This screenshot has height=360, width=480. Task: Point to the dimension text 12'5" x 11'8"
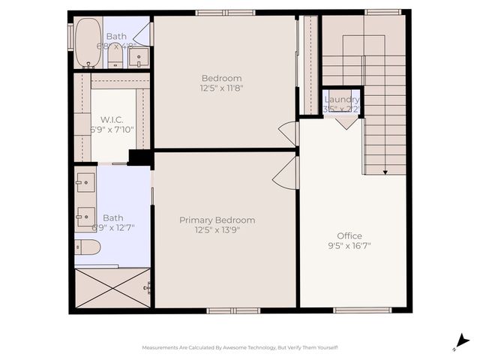click(221, 88)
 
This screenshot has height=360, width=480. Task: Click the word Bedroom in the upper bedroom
click(221, 78)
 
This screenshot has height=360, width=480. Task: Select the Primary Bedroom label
click(217, 220)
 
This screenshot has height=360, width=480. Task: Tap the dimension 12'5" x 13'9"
click(217, 229)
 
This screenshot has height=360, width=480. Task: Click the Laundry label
click(342, 99)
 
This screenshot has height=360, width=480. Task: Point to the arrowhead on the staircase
click(385, 172)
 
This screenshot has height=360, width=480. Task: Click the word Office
click(349, 235)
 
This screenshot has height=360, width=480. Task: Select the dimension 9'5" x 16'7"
click(349, 245)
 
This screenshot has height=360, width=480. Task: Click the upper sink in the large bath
click(85, 181)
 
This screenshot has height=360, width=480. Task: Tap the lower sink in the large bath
click(85, 217)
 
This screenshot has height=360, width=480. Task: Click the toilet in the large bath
click(88, 247)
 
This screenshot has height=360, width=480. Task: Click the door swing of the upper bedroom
click(289, 133)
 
